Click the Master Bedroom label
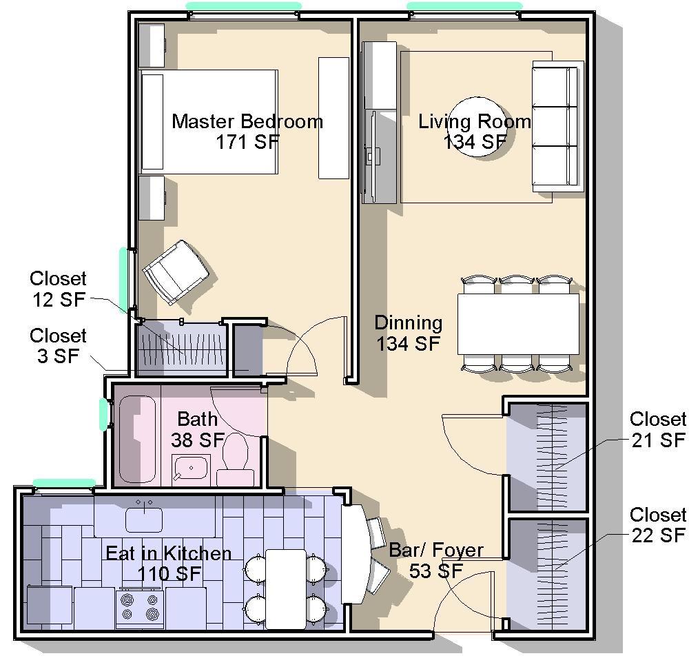coord(247,121)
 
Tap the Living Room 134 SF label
coord(475,132)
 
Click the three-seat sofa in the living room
coord(558,127)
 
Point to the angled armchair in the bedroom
coord(176,272)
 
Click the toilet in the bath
coord(235,459)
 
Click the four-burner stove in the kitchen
coord(140,608)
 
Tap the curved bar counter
coord(356,553)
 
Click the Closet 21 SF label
coord(658,429)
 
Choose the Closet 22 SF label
coord(658,525)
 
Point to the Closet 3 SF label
coord(58,346)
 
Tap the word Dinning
coord(408,323)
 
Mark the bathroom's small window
coord(103,414)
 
